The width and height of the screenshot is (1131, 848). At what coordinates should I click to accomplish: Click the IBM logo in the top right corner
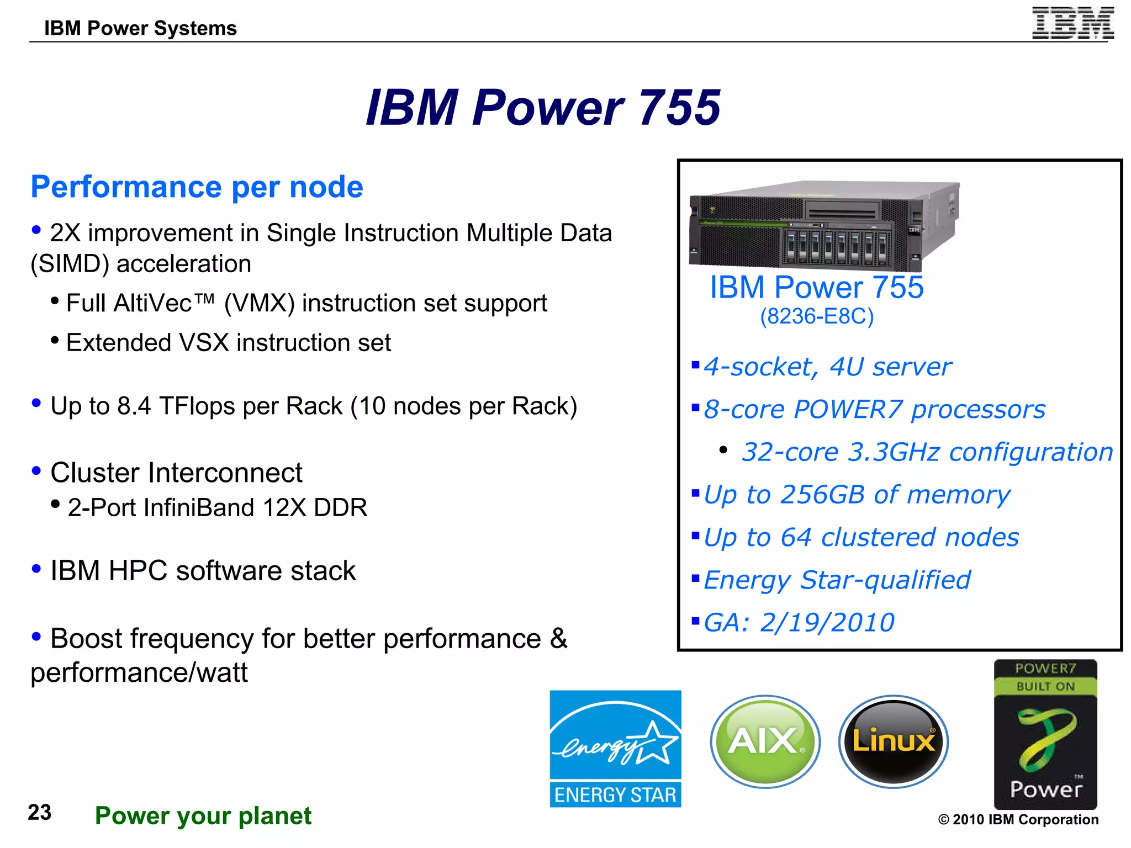pos(1072,23)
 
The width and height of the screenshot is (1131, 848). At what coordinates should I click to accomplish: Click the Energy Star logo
pos(615,749)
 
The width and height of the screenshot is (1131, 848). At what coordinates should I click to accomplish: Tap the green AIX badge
pos(765,741)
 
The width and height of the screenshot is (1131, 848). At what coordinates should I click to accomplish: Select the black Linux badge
pos(894,741)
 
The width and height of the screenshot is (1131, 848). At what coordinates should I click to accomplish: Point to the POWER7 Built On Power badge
pos(1045,734)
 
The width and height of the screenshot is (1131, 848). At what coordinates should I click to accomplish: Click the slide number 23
pos(40,813)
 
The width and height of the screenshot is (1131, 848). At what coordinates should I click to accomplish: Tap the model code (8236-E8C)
pos(817,316)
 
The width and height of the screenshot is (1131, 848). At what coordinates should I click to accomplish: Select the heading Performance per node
pos(197,187)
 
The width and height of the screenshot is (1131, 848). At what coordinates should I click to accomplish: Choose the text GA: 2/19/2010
pos(799,623)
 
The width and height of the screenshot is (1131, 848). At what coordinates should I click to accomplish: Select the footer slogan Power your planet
pos(203,816)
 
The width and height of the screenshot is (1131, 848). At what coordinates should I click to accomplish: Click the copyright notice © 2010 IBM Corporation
pos(1018,819)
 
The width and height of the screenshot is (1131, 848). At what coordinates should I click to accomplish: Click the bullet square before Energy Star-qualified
pos(695,578)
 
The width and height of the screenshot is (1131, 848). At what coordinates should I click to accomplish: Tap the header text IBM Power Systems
pos(140,28)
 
